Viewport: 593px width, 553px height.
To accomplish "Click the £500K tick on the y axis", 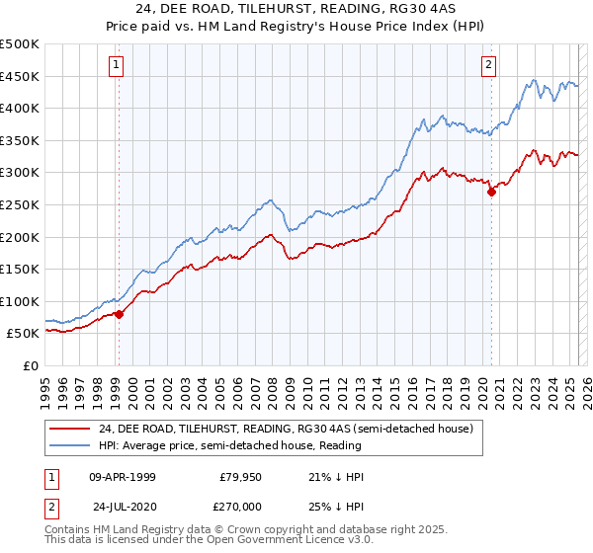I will coord(20,44).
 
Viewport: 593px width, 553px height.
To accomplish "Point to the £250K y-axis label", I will coord(20,204).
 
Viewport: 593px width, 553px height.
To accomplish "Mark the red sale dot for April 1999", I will coord(119,314).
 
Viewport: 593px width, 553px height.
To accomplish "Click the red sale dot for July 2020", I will coord(491,193).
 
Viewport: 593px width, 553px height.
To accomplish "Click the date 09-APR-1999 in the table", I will coord(122,477).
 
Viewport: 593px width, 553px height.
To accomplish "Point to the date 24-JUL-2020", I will coord(122,505).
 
